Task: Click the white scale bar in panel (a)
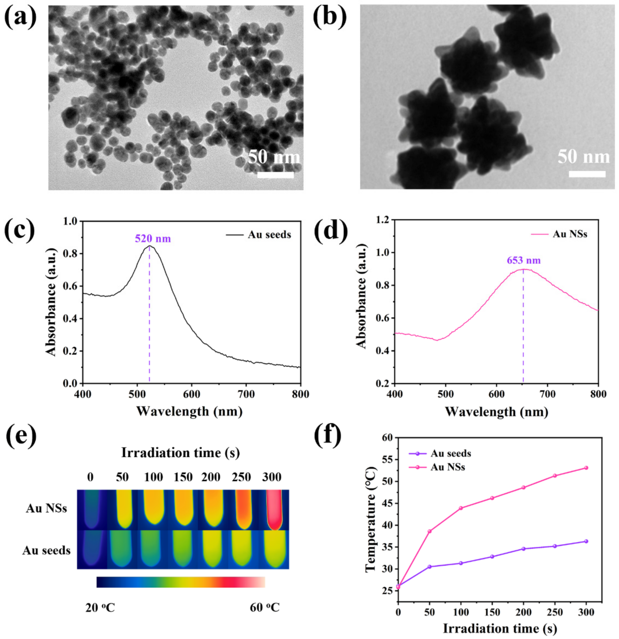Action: [x=275, y=175]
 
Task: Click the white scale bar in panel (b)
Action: [x=587, y=174]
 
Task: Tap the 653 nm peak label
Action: [x=524, y=260]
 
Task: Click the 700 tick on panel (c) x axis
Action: [x=246, y=394]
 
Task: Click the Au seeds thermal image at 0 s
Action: [x=92, y=550]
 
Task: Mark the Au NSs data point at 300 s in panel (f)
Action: [x=586, y=468]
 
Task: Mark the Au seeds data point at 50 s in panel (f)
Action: [x=429, y=567]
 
